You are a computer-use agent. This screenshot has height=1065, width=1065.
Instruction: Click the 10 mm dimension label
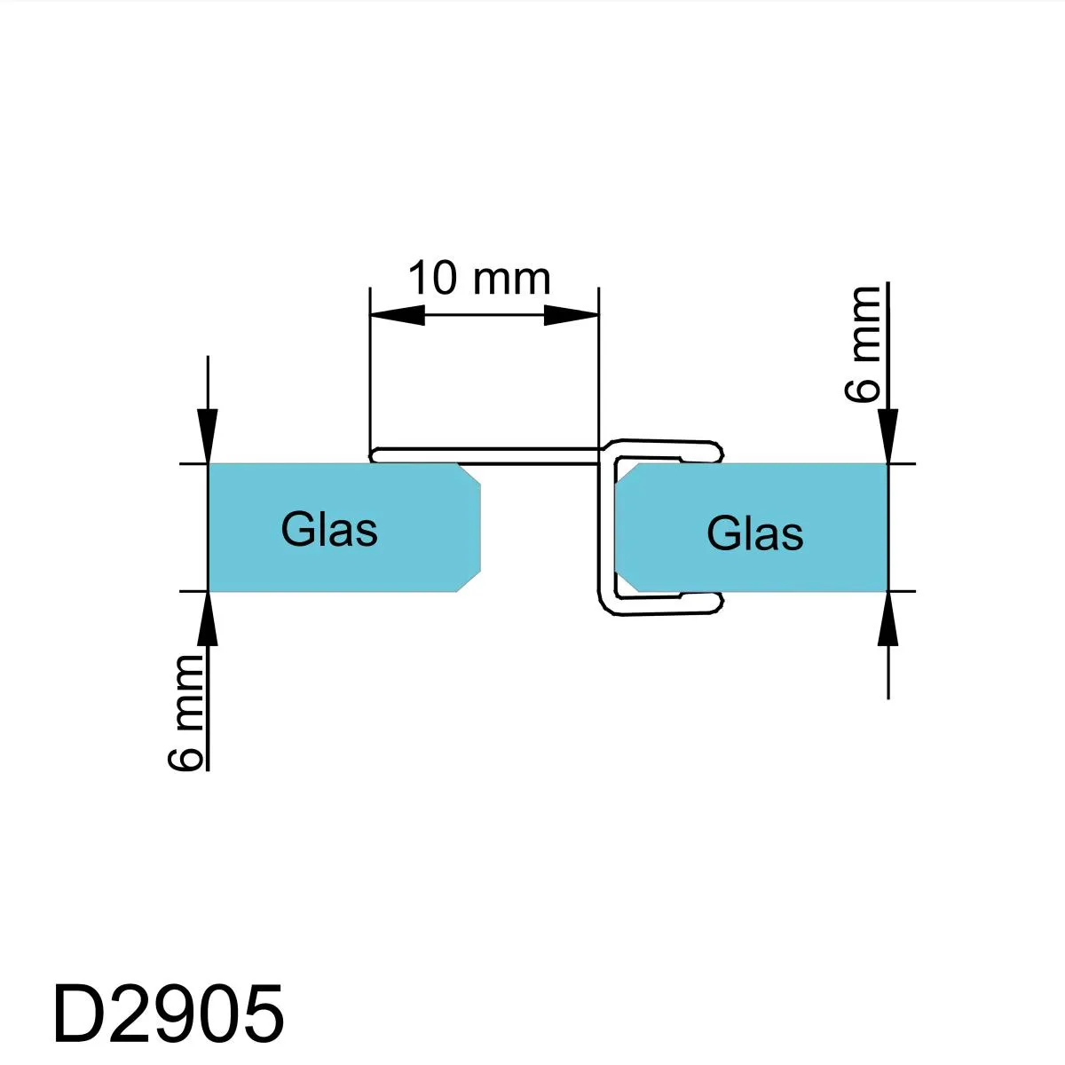coord(479,278)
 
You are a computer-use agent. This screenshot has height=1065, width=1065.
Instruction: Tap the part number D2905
coord(169,1013)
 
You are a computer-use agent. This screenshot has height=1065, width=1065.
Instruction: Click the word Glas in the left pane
coord(329,530)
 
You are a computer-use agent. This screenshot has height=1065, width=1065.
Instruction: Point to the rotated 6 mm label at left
coord(185,713)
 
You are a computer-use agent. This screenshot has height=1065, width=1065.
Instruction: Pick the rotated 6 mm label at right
coord(863,343)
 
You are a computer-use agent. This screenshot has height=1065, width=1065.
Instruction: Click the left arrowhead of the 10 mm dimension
coord(398,315)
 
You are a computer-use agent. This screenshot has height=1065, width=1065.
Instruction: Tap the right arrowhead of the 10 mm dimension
coord(572,315)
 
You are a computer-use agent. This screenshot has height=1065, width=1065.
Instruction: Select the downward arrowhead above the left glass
coord(208,436)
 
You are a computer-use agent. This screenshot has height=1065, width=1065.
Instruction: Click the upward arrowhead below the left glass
coord(208,619)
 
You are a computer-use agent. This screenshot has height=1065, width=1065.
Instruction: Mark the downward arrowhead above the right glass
coord(887,436)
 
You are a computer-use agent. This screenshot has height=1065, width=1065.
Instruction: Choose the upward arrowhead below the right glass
coord(887,619)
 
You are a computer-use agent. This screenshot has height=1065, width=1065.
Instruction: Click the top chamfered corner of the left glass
coord(468,474)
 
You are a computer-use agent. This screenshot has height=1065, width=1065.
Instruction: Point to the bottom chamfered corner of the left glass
coord(468,580)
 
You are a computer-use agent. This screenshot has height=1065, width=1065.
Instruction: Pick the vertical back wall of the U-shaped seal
coord(608,528)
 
